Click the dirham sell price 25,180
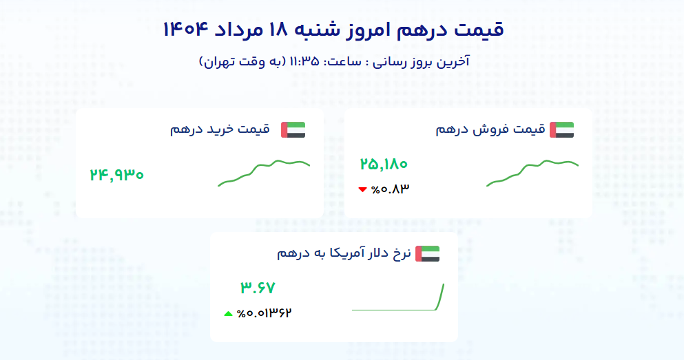[x=384, y=165]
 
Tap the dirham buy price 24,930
[x=116, y=175]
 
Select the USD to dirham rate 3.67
[x=258, y=288]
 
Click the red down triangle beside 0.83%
[x=362, y=189]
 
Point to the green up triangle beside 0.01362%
[x=228, y=313]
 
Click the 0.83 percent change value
[x=390, y=189]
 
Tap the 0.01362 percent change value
[x=264, y=313]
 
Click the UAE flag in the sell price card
[x=562, y=130]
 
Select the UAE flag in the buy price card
[x=293, y=130]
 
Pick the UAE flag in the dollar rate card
[x=428, y=254]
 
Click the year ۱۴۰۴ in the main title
[x=184, y=30]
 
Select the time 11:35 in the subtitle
[x=304, y=61]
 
